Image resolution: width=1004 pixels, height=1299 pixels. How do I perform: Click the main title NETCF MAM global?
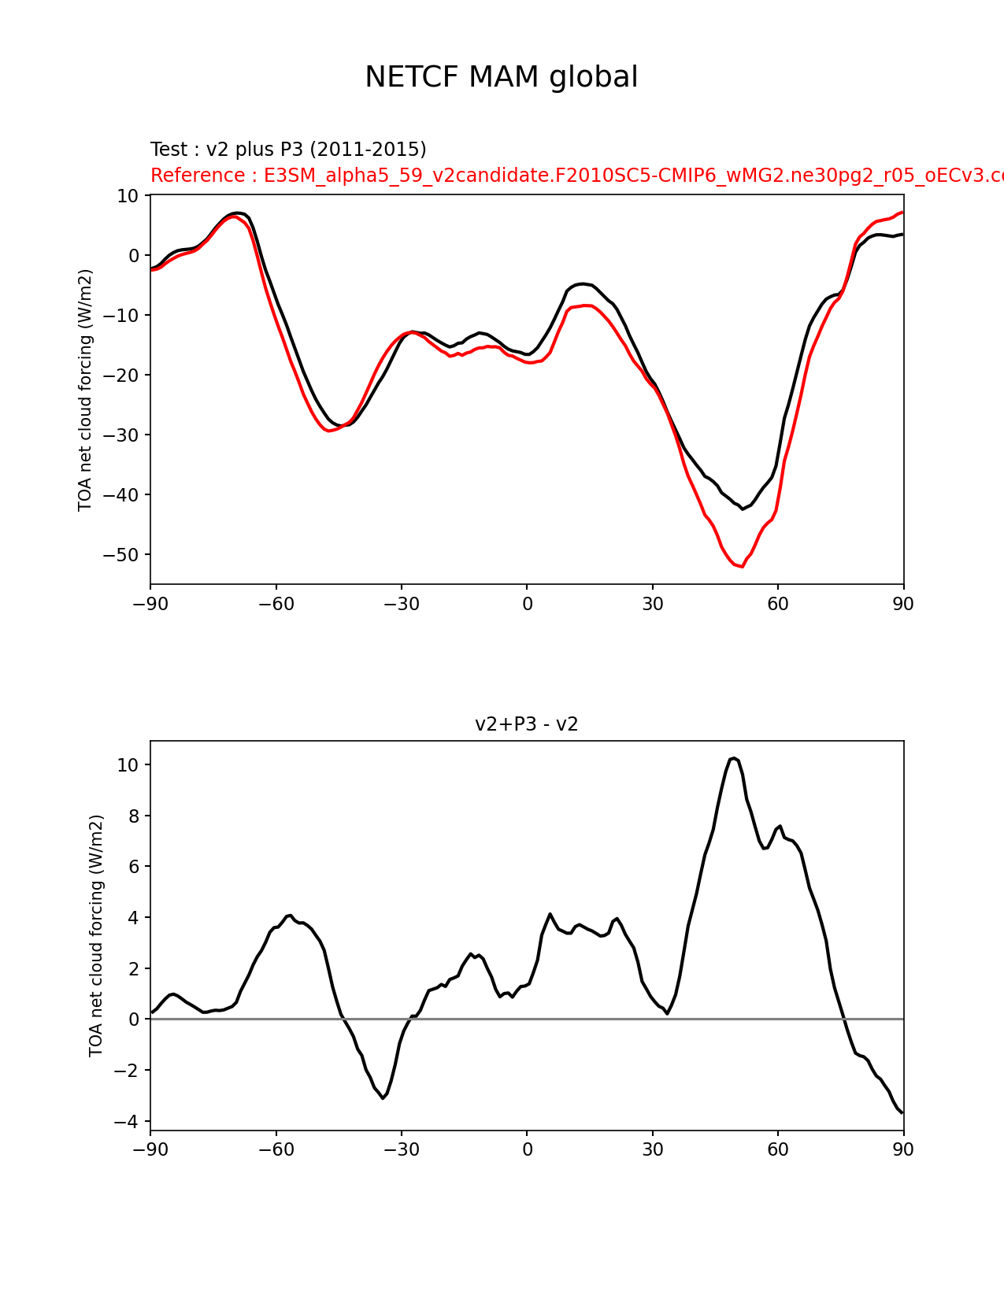[501, 77]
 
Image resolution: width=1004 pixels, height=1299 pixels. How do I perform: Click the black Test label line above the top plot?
[288, 150]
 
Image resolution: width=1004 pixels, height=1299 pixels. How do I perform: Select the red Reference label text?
[577, 175]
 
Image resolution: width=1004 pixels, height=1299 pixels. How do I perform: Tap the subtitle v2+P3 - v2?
[526, 724]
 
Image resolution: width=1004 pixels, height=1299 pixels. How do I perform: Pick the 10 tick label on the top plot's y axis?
[128, 195]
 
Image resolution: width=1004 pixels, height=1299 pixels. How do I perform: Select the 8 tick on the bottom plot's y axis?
[133, 816]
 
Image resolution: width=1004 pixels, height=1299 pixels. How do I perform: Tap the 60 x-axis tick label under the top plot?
[778, 605]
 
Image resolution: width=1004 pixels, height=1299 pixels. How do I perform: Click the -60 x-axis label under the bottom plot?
[276, 1149]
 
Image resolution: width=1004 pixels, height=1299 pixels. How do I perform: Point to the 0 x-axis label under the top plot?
[527, 605]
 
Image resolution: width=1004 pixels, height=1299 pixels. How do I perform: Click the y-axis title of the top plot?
[85, 390]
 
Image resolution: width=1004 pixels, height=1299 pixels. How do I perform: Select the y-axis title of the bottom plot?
[96, 935]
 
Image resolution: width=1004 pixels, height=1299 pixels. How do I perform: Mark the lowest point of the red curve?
[742, 566]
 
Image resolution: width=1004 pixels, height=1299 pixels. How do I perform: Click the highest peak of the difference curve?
[734, 758]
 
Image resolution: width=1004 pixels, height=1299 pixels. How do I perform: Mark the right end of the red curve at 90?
[902, 213]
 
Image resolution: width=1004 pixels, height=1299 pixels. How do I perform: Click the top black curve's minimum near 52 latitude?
[743, 509]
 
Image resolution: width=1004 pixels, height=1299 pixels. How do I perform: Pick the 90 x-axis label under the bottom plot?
[903, 1149]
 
